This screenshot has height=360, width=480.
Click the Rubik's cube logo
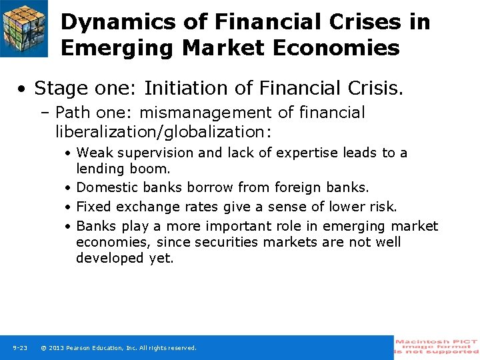click(x=23, y=27)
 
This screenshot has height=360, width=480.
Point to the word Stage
click(x=59, y=88)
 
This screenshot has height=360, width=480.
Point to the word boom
click(x=155, y=169)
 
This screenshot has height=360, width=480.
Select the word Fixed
click(x=94, y=207)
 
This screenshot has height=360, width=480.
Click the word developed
click(x=109, y=258)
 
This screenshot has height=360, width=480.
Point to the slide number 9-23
click(x=19, y=348)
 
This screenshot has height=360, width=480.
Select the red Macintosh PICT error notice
click(x=437, y=347)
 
